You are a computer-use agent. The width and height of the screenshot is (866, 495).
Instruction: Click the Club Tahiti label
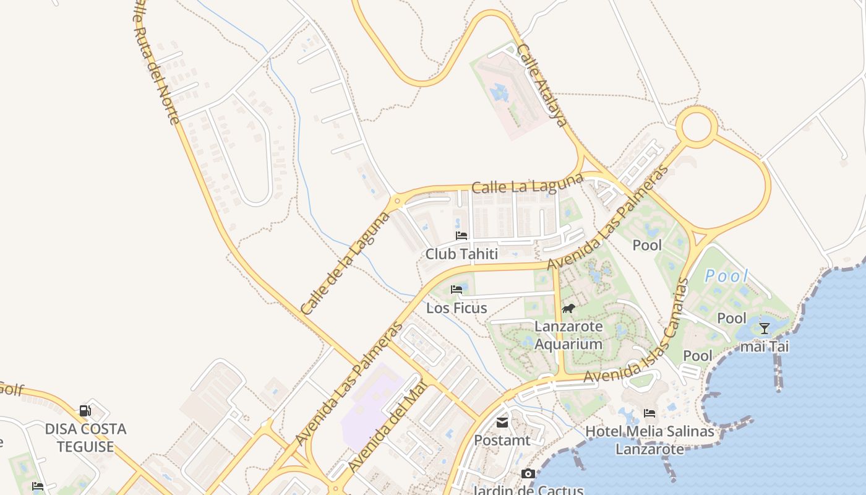461,254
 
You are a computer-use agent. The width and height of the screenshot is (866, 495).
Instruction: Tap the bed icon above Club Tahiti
461,235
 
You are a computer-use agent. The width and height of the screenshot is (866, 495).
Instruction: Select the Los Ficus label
457,308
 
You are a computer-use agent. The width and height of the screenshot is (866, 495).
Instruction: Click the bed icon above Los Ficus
457,289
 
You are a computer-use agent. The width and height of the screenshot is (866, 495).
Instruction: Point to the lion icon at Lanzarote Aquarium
568,308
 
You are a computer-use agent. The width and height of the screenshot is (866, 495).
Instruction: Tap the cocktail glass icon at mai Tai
765,328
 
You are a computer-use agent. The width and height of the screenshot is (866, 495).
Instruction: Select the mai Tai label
765,346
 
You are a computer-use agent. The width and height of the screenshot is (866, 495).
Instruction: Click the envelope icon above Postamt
502,423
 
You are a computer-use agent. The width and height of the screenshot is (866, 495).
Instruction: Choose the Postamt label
502,440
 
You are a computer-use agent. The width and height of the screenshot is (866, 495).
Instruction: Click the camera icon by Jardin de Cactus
527,474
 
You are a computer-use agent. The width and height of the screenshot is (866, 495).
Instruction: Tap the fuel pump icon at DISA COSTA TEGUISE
85,410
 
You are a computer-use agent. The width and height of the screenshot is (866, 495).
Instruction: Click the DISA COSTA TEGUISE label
85,437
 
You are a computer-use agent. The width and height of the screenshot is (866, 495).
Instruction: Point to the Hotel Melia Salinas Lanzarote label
649,439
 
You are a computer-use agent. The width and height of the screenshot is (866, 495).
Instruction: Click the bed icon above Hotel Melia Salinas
649,413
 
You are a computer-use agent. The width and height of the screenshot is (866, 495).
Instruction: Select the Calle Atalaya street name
542,85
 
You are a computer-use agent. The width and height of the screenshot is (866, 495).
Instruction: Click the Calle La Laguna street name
527,183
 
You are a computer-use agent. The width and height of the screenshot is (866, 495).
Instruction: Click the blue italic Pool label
727,276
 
